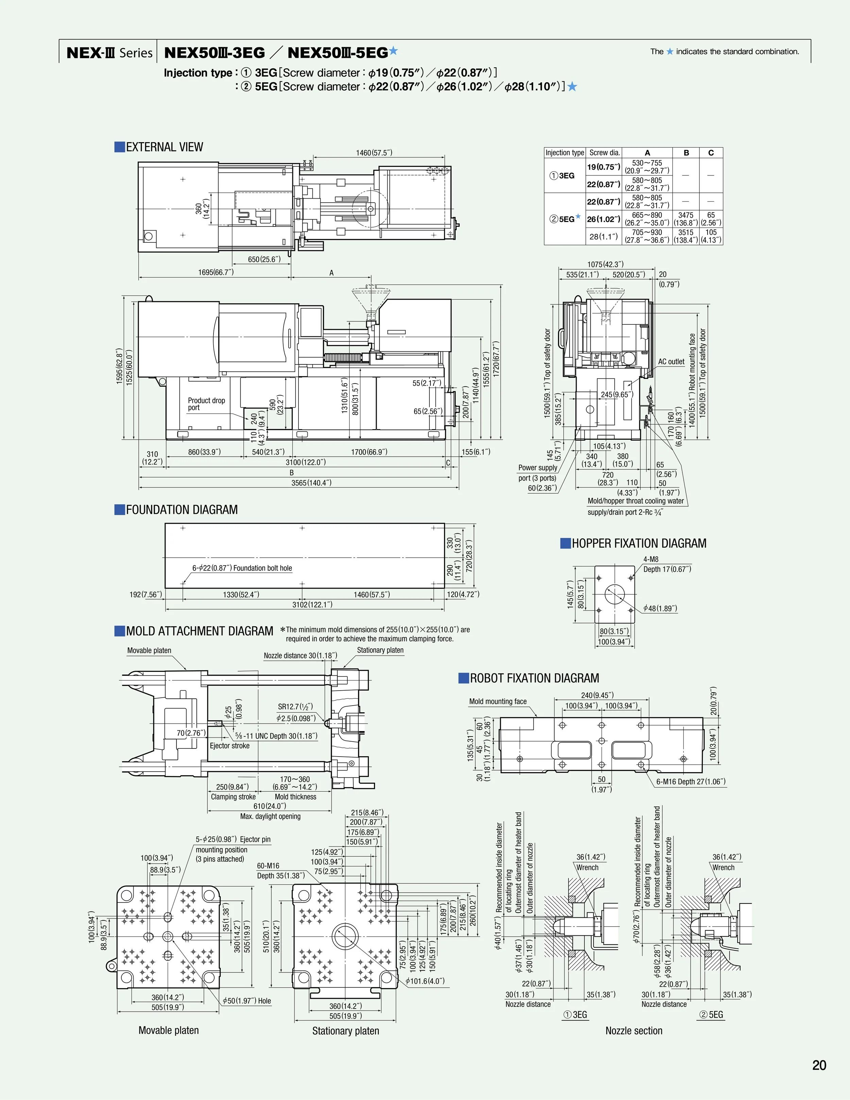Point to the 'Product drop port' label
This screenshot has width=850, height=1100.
point(206,404)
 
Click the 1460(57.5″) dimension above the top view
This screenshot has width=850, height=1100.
point(374,153)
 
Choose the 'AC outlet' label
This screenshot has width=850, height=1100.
point(671,362)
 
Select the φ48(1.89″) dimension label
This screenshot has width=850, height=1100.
point(660,608)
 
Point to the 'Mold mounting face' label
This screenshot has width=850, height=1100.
point(497,701)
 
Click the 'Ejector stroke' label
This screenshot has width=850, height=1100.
point(230,745)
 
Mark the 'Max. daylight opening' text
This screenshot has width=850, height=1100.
point(270,816)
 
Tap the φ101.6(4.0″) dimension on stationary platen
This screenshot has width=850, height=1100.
point(425,981)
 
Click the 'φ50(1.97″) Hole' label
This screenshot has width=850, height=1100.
point(247,1001)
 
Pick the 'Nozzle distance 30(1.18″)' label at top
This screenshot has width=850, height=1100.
point(300,655)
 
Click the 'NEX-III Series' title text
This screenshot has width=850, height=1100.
point(109,52)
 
